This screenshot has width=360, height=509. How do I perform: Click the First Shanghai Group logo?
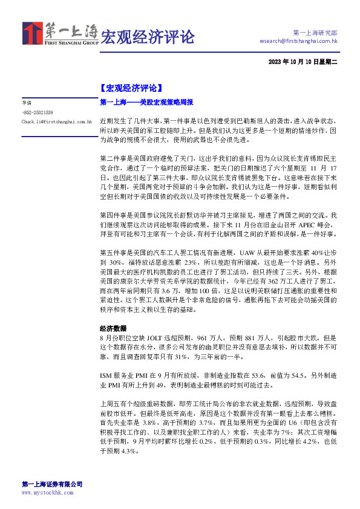tap(60, 34)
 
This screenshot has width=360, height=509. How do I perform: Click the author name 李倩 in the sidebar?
tap(26, 103)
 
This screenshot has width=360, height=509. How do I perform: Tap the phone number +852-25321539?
tap(38, 112)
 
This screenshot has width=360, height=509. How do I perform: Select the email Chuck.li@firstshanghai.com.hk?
tap(56, 122)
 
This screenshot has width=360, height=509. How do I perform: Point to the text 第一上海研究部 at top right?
tap(315, 33)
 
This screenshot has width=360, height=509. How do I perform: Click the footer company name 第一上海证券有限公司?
tap(52, 484)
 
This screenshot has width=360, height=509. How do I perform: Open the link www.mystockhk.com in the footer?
tap(47, 493)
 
